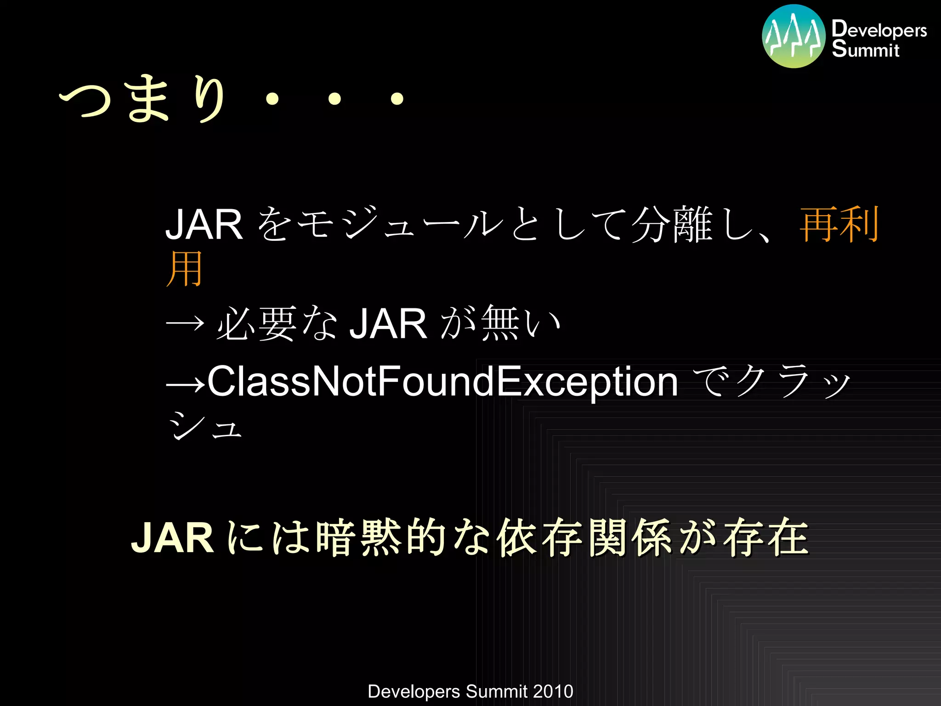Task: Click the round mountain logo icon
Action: pyautogui.click(x=794, y=36)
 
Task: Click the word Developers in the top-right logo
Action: pyautogui.click(x=879, y=29)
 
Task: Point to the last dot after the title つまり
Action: pyautogui.click(x=397, y=98)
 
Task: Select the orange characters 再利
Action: pyautogui.click(x=839, y=224)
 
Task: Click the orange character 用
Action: pyautogui.click(x=184, y=269)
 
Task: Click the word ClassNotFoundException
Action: pyautogui.click(x=442, y=381)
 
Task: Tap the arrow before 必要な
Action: pyautogui.click(x=185, y=324)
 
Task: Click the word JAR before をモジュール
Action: pyautogui.click(x=204, y=224)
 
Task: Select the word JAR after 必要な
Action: pyautogui.click(x=388, y=324)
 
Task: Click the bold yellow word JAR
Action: pyautogui.click(x=172, y=538)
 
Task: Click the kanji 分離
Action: pyautogui.click(x=672, y=224)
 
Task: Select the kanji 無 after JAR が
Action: pyautogui.click(x=501, y=324)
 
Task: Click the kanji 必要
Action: pyautogui.click(x=256, y=324)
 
